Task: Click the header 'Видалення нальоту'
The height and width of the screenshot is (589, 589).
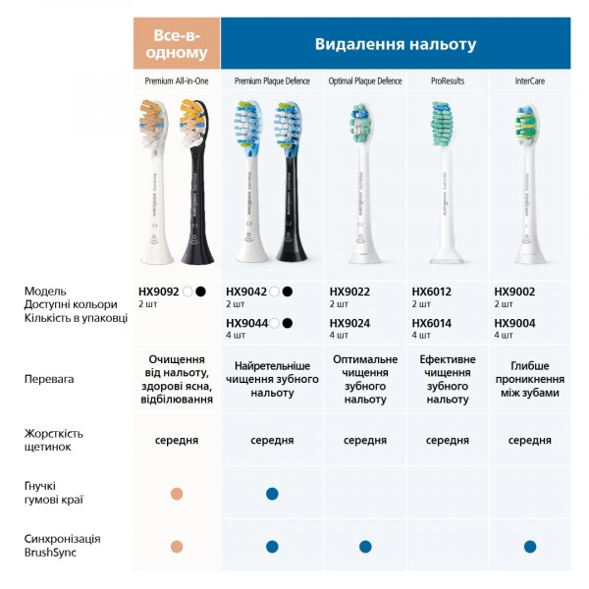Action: pos(395,44)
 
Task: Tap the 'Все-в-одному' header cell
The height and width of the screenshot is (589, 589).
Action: pos(177,44)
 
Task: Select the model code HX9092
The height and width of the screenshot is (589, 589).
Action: pos(159,292)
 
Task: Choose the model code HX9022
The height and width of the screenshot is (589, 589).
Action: pos(349,292)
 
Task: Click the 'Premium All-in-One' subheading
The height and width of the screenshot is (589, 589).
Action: pos(177,80)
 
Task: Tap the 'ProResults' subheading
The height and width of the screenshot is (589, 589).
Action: pos(447,80)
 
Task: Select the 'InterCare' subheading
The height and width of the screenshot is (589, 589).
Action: pos(530,80)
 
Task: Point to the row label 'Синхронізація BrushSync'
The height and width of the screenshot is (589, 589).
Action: pos(63,546)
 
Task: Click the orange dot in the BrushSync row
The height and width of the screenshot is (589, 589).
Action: pos(177,546)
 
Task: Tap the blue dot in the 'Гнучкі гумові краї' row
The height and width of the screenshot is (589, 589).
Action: pos(272,494)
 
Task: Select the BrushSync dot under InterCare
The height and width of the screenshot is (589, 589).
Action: pos(530,546)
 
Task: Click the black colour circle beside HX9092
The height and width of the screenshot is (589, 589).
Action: pos(201,292)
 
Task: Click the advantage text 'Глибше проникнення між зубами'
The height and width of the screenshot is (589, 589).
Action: pos(530,378)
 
